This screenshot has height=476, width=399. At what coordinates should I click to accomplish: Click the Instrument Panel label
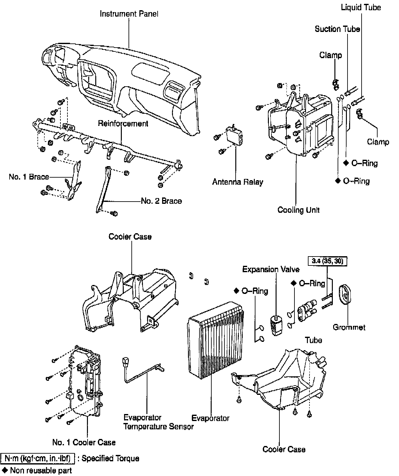tap(129, 14)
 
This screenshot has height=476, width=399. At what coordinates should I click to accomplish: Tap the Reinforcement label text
tap(123, 124)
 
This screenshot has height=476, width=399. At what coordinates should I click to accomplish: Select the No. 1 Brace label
tap(29, 177)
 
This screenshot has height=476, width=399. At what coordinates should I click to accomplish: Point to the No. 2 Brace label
tap(161, 201)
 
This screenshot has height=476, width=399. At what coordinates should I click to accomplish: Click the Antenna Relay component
tap(234, 136)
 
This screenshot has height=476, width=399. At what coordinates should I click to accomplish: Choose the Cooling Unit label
tap(299, 210)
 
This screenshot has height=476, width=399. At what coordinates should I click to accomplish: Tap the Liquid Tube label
tap(361, 7)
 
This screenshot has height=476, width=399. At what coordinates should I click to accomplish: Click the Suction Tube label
tap(337, 29)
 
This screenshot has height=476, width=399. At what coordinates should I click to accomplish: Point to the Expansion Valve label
tap(271, 269)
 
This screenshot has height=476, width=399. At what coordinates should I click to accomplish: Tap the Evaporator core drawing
tap(215, 340)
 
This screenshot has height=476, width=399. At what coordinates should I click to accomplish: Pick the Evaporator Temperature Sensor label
tap(158, 422)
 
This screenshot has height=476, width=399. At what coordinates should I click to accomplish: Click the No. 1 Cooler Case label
tap(84, 442)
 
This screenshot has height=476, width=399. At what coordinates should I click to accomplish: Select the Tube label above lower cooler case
tap(313, 340)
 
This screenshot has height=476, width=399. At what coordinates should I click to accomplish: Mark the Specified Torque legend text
tap(111, 458)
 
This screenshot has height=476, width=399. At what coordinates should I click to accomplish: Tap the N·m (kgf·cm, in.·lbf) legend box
tap(38, 458)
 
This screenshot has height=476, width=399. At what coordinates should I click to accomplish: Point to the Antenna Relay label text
tap(238, 182)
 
